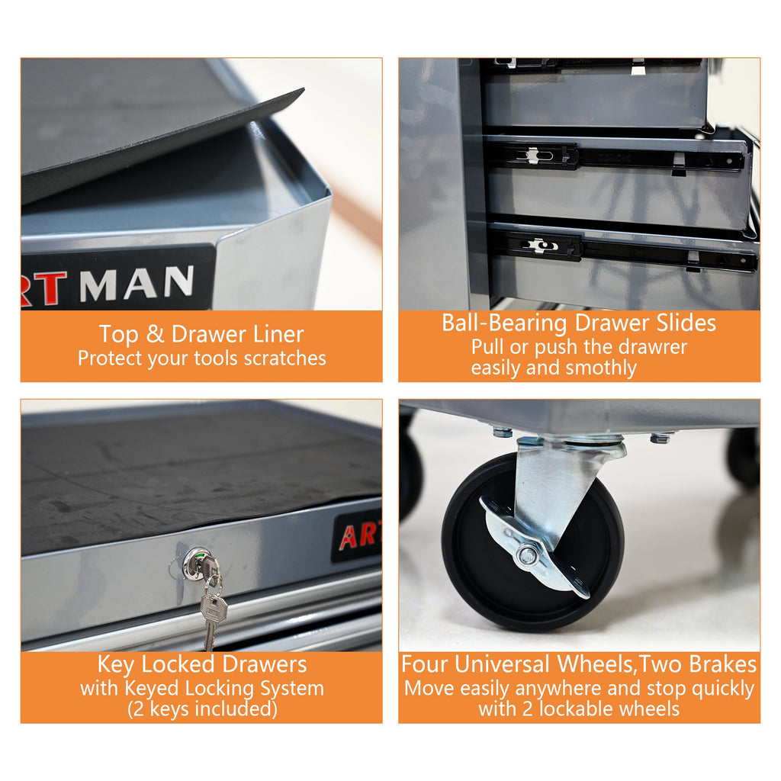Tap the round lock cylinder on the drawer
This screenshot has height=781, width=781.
point(195,563)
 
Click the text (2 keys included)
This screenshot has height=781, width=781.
point(201,709)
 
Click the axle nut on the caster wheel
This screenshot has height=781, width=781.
point(527,555)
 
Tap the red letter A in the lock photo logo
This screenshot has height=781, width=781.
point(348,538)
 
